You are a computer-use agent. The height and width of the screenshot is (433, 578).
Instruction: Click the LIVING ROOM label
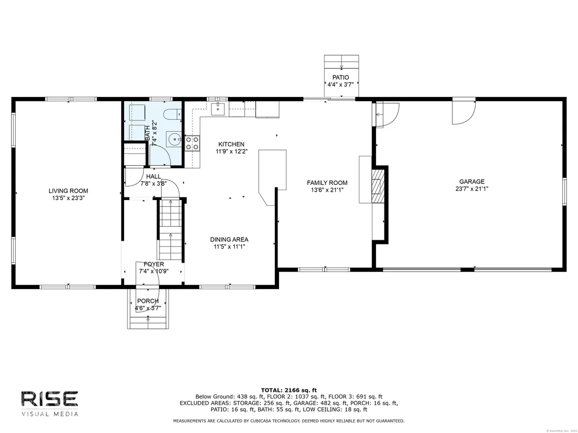[x=68, y=191]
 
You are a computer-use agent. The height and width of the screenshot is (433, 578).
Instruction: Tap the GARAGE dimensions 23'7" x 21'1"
[x=472, y=189]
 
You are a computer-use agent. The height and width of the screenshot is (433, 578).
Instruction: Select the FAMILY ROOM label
[x=327, y=182]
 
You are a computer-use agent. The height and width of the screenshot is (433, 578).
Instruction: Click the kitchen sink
[x=218, y=109]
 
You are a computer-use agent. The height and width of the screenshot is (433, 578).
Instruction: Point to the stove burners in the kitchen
[x=192, y=143]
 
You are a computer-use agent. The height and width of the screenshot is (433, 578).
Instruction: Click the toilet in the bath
[x=173, y=115]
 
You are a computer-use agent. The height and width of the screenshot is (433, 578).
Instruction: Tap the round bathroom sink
[x=173, y=139]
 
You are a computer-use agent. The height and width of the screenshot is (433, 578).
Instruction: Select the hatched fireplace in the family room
[x=378, y=186]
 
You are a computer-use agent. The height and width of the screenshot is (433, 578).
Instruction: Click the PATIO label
[x=341, y=77]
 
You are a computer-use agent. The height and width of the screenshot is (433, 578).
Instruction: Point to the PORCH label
[x=148, y=301]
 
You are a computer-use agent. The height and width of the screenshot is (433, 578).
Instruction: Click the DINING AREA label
[x=230, y=239]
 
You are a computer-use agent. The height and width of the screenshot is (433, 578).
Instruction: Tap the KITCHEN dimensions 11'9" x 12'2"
[x=232, y=151]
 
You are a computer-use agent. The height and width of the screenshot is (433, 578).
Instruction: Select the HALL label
[x=153, y=176]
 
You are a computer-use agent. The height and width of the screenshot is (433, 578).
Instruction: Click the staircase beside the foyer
[x=171, y=229]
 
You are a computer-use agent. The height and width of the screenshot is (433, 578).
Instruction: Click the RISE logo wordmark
[x=50, y=399]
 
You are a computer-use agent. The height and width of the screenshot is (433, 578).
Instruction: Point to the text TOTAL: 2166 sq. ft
[x=289, y=390]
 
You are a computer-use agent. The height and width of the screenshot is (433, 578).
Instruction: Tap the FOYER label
[x=154, y=264]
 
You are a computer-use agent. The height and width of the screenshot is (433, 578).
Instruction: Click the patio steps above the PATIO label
[x=341, y=62]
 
